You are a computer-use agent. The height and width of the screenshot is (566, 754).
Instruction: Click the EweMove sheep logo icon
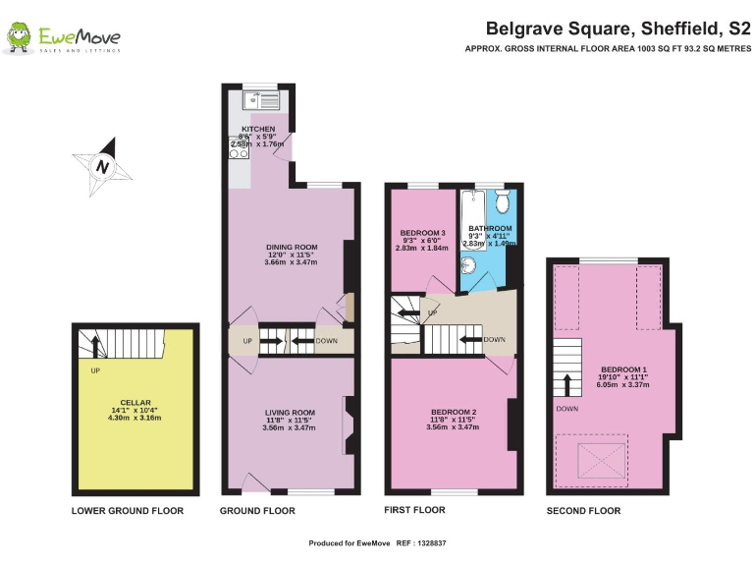click(19, 37)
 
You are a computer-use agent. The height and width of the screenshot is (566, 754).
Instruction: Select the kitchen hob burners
click(238, 146)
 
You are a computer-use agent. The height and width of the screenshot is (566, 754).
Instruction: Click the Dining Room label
click(292, 247)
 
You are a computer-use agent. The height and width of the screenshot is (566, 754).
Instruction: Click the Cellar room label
click(135, 403)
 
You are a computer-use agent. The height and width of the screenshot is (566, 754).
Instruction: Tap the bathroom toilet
click(501, 202)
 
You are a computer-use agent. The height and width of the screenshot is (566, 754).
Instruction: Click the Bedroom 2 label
click(454, 412)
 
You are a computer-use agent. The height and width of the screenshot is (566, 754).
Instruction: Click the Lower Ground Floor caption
click(128, 511)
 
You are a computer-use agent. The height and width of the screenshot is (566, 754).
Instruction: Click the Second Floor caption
click(584, 511)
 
